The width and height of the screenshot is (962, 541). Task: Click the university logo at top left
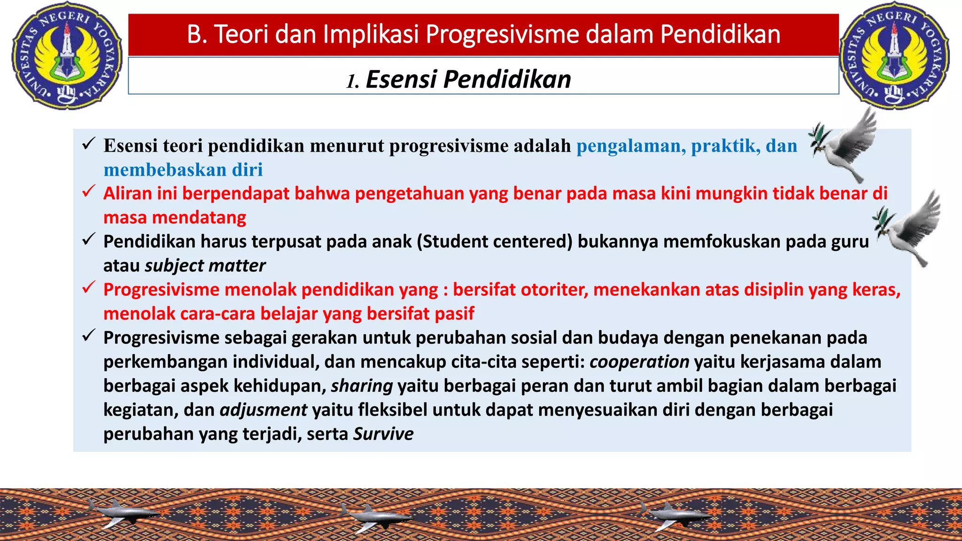point(66,56)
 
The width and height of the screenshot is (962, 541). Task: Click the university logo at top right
point(894,56)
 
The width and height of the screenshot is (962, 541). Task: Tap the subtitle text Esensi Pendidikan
point(468,79)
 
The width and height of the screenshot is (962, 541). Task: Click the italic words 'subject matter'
point(205,266)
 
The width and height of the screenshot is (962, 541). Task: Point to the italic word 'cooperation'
point(639,362)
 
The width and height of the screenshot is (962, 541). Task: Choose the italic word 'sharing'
point(362,386)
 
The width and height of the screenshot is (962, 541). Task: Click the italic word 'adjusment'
point(263,410)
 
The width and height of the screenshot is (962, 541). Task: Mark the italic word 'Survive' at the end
point(383,434)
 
